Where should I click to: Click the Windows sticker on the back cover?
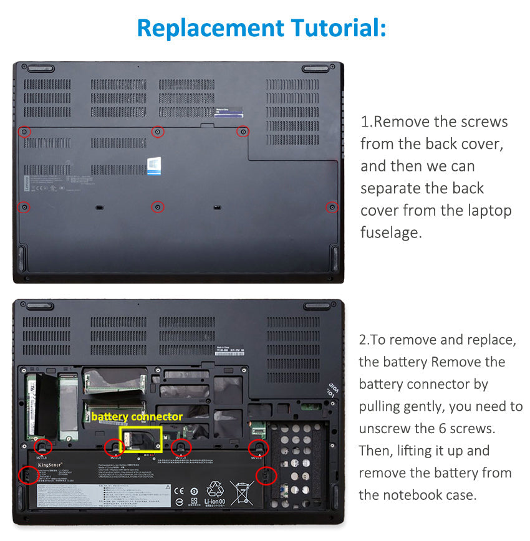(154, 165)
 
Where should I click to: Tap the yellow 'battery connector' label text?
(137, 416)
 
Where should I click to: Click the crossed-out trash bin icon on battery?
(242, 492)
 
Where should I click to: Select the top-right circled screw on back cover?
(243, 132)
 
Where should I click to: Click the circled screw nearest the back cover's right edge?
(332, 207)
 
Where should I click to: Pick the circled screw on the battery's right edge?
(266, 476)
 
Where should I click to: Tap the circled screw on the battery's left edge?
(27, 475)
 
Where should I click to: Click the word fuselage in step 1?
(391, 232)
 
